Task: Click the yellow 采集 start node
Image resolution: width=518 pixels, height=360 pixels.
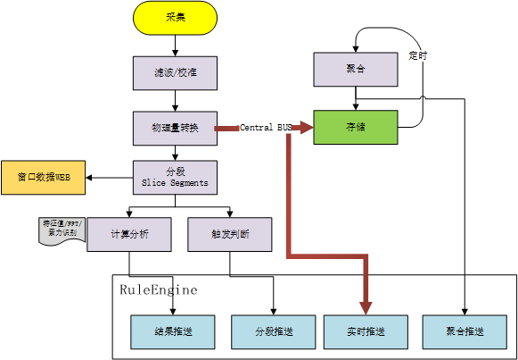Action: (x=175, y=19)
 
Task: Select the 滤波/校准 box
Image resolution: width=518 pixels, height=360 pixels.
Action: (x=175, y=71)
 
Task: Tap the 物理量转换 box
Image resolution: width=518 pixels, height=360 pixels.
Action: (x=175, y=128)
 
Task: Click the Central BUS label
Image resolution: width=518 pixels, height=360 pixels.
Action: (x=266, y=128)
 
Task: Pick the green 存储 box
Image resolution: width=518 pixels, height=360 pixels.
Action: (x=356, y=128)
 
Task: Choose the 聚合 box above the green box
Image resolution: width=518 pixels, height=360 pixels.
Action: (x=356, y=69)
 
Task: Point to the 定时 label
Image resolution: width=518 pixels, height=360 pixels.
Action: (x=417, y=55)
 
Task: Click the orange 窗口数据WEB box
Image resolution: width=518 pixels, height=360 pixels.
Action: (x=43, y=178)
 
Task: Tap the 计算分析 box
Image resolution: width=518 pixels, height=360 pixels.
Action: (x=129, y=234)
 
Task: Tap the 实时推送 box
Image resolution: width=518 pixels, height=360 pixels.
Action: (x=366, y=331)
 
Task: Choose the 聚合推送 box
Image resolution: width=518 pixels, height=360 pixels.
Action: (x=465, y=331)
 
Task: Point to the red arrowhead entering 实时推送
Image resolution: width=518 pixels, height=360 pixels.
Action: (x=366, y=306)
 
